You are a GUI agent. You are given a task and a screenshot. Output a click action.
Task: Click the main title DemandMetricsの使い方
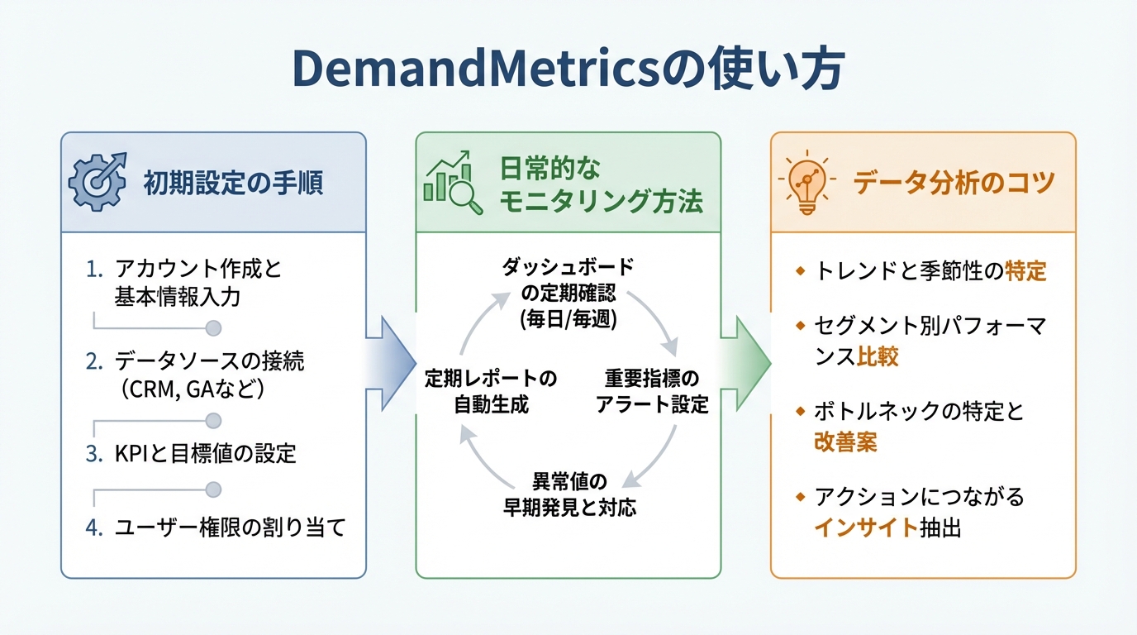[568, 69]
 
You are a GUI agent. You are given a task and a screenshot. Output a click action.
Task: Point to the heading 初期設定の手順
[232, 182]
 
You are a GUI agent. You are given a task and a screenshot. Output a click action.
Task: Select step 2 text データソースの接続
[210, 361]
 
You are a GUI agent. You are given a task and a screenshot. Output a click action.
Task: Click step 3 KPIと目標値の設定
[205, 453]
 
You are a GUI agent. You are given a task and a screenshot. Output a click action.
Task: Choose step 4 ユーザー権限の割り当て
[229, 527]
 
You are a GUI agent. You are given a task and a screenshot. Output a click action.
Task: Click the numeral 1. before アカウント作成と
[95, 269]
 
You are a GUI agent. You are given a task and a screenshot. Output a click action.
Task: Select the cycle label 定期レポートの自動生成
[491, 392]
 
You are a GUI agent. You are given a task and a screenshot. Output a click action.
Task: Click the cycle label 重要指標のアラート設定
[652, 392]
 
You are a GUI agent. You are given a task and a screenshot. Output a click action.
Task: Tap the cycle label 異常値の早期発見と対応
[568, 494]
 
